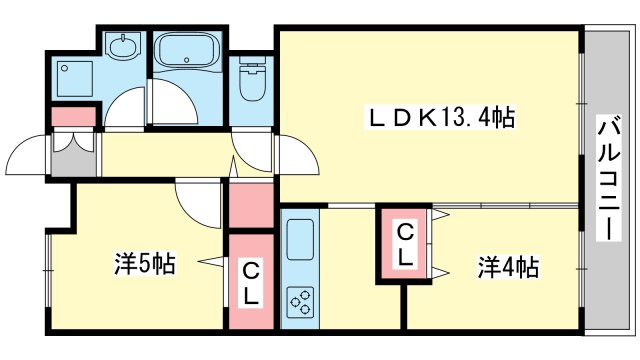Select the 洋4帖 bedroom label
click(x=507, y=267)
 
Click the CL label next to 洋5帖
click(x=250, y=283)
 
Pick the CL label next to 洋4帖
click(x=404, y=245)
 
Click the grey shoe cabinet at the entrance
click(x=73, y=155)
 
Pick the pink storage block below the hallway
click(x=251, y=204)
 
